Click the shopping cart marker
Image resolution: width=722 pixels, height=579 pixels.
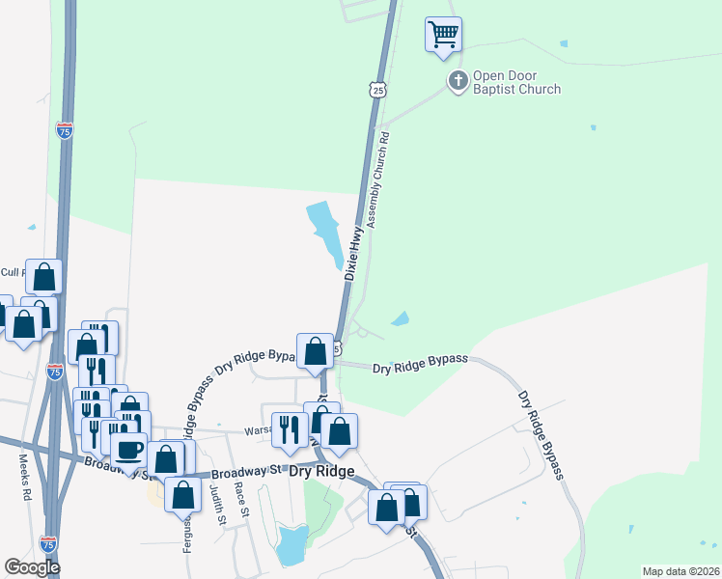[443, 35]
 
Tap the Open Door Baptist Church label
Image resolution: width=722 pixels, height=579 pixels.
[516, 83]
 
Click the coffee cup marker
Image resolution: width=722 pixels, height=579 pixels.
[128, 449]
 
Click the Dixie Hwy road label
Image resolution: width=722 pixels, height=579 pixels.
[354, 253]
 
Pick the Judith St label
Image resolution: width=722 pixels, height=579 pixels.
[218, 505]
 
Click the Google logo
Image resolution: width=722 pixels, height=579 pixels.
[32, 567]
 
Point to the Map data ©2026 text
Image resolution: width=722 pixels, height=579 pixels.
[680, 571]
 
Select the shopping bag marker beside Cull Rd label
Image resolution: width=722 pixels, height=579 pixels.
[43, 277]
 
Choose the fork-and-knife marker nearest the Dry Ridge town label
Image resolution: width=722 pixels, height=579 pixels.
[289, 430]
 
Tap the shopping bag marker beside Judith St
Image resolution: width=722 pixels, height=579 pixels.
[182, 495]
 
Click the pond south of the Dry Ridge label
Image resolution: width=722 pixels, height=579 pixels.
[291, 546]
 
